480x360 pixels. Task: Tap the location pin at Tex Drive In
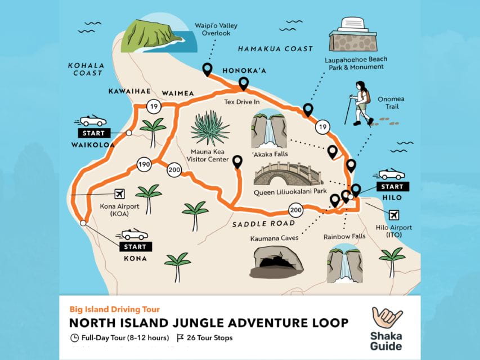click(x=244, y=84)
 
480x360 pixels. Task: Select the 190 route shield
click(x=143, y=165)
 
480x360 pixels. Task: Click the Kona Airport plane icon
click(x=119, y=193)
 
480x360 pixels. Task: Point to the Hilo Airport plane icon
click(x=394, y=214)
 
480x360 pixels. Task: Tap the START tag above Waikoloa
click(x=93, y=133)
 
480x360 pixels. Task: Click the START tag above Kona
click(x=134, y=246)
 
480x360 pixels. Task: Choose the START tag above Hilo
click(x=392, y=186)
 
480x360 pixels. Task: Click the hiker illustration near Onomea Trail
click(x=361, y=102)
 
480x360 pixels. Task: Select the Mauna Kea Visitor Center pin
click(x=237, y=161)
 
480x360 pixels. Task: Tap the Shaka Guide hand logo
click(x=387, y=319)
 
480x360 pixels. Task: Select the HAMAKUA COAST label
click(x=275, y=49)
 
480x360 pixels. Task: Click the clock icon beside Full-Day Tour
click(x=75, y=338)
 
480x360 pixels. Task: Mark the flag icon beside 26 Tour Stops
click(x=181, y=338)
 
